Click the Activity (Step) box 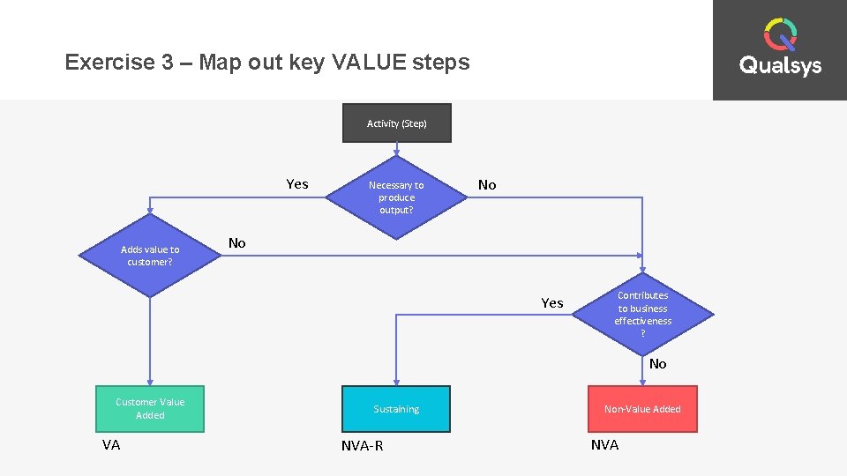pos(396,123)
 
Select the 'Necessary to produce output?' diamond pos(396,197)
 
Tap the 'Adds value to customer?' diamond pos(150,256)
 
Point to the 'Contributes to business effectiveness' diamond pos(642,314)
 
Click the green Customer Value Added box pos(150,409)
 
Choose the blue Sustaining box pos(396,409)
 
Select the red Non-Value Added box pos(642,409)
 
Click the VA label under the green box pos(111,445)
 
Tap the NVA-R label pos(362,446)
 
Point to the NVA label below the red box pos(604,445)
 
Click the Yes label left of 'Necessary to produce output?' pos(297,184)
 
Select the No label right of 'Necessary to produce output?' pos(487,185)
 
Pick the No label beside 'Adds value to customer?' pos(237,243)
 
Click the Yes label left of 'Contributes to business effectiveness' pos(552,303)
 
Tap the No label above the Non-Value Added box pos(657,364)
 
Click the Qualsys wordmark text pos(780,66)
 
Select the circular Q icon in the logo pos(780,34)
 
